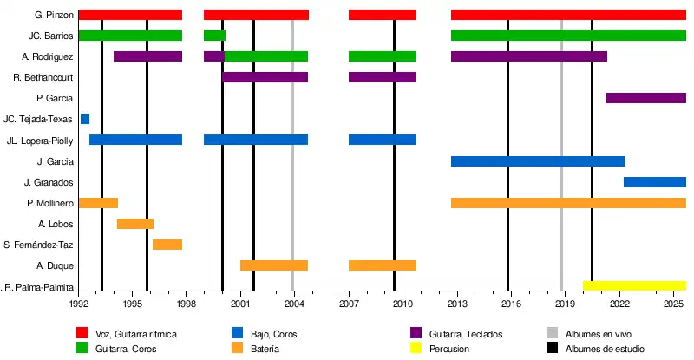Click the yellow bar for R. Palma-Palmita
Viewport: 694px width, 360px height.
coord(634,285)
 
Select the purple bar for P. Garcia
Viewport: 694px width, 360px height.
coord(646,98)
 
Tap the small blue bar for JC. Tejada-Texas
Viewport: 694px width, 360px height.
coord(85,119)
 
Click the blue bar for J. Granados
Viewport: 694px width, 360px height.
coord(655,182)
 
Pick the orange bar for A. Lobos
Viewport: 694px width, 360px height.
coord(135,224)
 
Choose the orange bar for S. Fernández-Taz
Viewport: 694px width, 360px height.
coord(167,245)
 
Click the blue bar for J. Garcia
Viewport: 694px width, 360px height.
coord(538,161)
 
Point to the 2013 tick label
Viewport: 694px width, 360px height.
coord(456,304)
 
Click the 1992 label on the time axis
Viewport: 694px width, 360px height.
coord(79,304)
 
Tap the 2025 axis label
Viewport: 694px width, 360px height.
coord(673,304)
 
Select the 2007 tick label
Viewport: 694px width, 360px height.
coord(349,304)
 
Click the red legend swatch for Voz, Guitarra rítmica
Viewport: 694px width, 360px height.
coord(82,333)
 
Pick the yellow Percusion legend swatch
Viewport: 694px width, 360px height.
coord(416,349)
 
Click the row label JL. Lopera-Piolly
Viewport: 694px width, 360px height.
coord(39,141)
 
